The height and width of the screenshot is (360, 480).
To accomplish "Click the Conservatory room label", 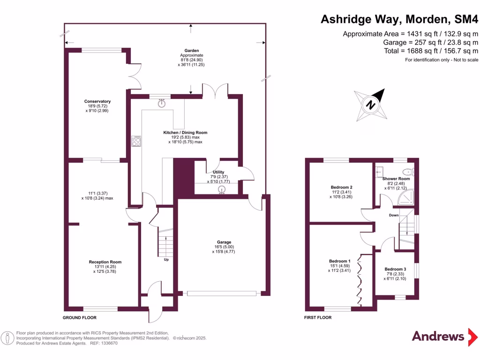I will click(x=97, y=101).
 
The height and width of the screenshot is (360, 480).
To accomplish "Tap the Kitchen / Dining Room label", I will click(x=185, y=133).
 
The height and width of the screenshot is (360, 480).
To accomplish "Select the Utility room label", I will click(x=218, y=172).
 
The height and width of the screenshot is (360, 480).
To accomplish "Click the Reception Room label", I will click(x=105, y=262).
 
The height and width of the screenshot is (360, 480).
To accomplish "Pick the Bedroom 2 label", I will click(x=341, y=187).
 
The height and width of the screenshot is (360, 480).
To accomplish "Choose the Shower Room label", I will click(x=396, y=179).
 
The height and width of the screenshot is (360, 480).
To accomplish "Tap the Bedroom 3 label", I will click(x=395, y=269).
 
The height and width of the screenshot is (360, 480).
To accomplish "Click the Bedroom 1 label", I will click(x=339, y=261).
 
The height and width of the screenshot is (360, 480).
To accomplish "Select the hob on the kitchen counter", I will click(x=137, y=141).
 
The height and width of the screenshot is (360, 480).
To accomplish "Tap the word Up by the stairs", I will click(x=166, y=259).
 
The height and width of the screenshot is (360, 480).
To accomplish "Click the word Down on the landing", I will click(x=394, y=215).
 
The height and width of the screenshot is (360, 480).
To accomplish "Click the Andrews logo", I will click(x=438, y=336).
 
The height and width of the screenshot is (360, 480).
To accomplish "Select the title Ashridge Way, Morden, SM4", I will click(x=399, y=19).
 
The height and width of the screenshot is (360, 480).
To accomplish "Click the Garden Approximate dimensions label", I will click(x=191, y=58).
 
